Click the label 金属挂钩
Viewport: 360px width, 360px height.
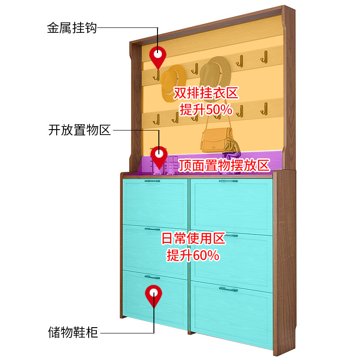coord(72,28)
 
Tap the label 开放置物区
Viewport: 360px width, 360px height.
coord(79,130)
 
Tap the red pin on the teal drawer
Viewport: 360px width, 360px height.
coord(153,295)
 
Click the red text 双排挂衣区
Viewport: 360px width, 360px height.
coord(206,94)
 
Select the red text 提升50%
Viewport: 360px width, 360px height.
coord(206,109)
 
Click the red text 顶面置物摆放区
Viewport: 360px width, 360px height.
coord(224,165)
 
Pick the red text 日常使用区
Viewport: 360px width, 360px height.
coord(193,238)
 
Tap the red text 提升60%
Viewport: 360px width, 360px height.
coord(193,255)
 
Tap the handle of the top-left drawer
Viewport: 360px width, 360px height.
coord(152,181)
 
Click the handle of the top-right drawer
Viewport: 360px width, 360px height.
coord(228,181)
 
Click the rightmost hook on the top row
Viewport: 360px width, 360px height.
coord(265,57)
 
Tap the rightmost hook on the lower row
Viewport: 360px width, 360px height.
coord(265,108)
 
